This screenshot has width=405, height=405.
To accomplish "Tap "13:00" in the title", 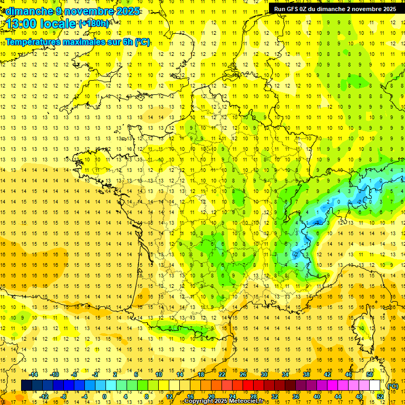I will click(x=22, y=24).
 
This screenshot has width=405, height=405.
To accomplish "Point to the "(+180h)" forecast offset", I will click(x=94, y=23).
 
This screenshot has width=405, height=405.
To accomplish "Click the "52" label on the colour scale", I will click(x=380, y=396).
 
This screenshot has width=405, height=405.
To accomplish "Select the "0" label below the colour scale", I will click(x=104, y=396).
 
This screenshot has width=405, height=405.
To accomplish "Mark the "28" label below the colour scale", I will click(x=253, y=396).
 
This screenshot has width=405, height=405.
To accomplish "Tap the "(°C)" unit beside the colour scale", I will click(x=393, y=385).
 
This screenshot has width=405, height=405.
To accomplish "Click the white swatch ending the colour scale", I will click(x=375, y=385).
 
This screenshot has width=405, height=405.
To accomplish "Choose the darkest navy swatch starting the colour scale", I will click(x=26, y=385).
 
